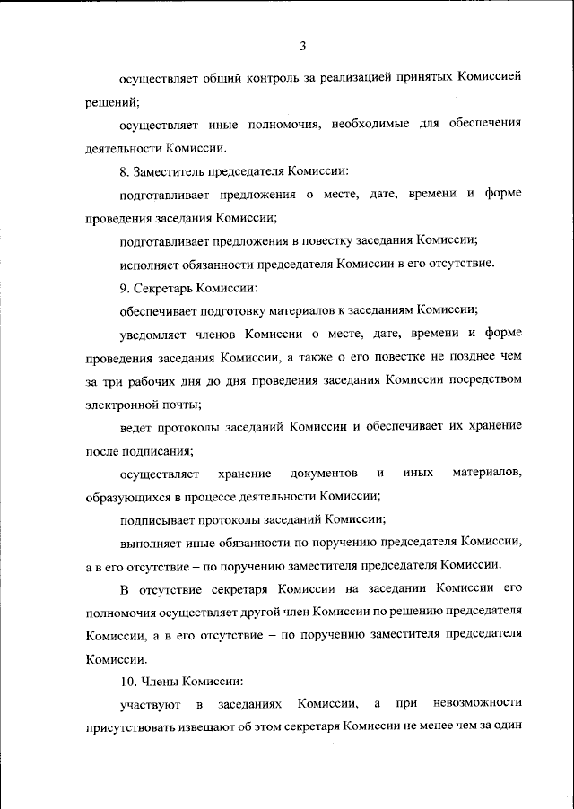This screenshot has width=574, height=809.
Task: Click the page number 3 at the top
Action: pyautogui.click(x=303, y=46)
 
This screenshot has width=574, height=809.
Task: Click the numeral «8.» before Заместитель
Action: pyautogui.click(x=125, y=170)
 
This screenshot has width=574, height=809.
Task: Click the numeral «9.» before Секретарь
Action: pyautogui.click(x=125, y=287)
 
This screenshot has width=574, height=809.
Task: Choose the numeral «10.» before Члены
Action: pyautogui.click(x=127, y=681)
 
